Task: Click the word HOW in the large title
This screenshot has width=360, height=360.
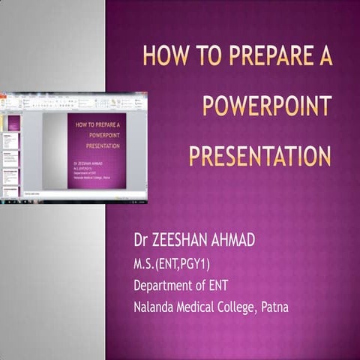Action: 163,58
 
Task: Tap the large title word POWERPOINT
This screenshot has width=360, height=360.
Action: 267,106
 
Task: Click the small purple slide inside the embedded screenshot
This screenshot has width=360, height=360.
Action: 97,150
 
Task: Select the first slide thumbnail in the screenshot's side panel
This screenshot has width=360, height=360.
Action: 13,123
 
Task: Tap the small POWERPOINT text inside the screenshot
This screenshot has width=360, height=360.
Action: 97,135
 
